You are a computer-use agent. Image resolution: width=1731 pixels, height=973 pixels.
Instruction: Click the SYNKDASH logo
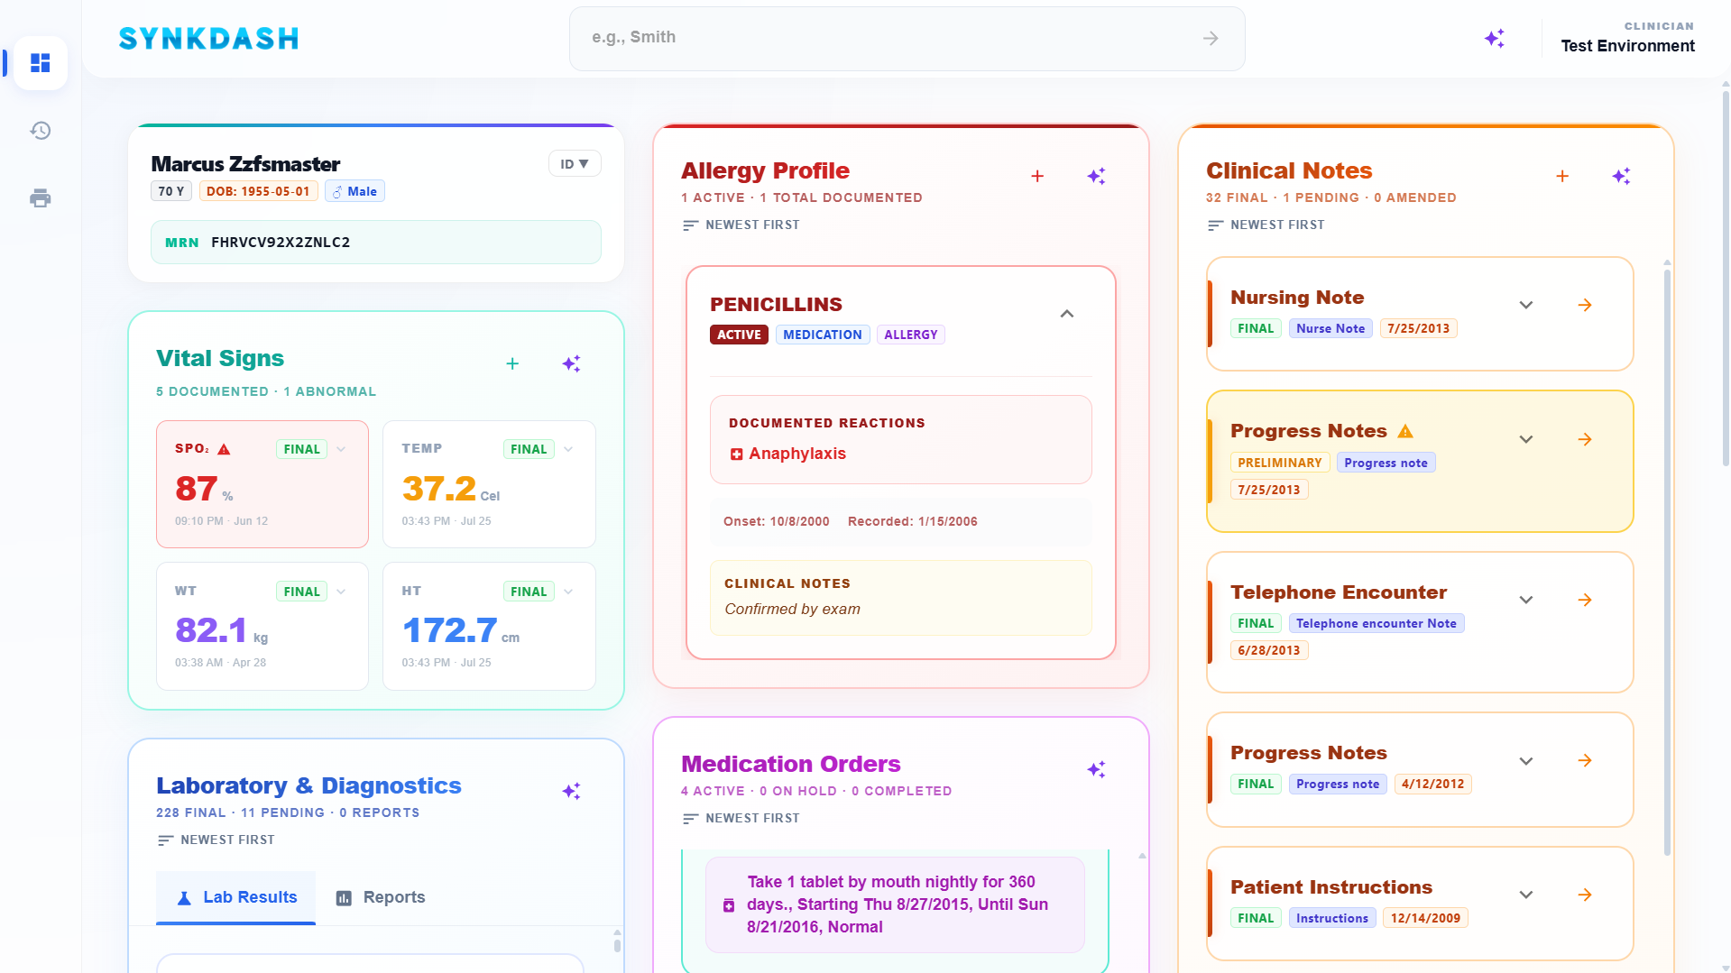coord(208,39)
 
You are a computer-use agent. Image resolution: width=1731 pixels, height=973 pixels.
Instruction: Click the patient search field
coord(907,38)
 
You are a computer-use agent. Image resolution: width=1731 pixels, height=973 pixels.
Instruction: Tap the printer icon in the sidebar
coord(41,198)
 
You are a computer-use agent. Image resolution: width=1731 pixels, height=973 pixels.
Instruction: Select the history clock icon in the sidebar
coord(41,131)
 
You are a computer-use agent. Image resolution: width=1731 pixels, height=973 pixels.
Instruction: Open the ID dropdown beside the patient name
coord(575,164)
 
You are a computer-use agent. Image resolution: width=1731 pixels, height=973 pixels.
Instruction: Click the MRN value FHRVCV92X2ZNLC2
coord(281,243)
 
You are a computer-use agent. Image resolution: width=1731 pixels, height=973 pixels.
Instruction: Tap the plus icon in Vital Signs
coord(512,363)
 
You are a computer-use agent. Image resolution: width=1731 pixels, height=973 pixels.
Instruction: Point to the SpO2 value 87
coord(197,489)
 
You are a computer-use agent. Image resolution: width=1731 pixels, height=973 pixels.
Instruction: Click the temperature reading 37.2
coord(438,489)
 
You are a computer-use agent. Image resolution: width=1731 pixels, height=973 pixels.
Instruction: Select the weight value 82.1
coord(211,630)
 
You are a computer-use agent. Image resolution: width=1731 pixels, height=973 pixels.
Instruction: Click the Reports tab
coord(381,897)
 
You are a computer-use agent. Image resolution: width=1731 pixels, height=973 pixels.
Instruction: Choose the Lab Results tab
coord(236,897)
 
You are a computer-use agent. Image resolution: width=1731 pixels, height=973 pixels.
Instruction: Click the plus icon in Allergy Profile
coord(1037,176)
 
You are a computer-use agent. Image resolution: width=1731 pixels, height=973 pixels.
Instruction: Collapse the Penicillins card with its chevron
coord(1067,314)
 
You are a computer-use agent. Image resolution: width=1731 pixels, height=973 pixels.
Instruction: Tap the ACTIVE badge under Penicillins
coord(739,335)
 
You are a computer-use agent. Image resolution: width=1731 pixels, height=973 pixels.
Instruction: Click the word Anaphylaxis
coord(797,454)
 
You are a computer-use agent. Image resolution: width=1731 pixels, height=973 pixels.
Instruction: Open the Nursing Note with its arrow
coord(1585,306)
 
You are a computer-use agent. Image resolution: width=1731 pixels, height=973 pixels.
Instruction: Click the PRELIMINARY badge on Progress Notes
coord(1279,463)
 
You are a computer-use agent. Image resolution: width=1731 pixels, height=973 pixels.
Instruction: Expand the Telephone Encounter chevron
coord(1526,600)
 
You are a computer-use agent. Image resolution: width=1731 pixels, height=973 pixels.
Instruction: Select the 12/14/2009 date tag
coord(1425,918)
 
